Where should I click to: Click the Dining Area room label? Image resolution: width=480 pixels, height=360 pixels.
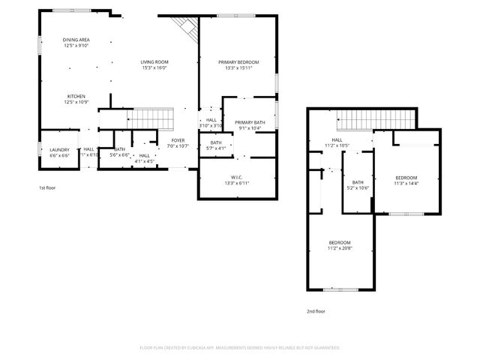[76, 40]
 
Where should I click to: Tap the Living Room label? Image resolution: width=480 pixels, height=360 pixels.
[154, 62]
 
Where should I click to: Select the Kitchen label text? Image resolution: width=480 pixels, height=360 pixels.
[76, 97]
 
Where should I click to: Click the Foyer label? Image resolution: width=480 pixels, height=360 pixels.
[177, 140]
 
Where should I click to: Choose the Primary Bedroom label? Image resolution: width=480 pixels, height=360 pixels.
[238, 62]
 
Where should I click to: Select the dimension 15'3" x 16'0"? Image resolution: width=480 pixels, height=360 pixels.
[154, 68]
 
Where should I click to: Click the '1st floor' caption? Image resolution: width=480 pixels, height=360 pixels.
[47, 187]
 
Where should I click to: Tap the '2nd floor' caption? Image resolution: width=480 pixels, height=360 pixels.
[316, 310]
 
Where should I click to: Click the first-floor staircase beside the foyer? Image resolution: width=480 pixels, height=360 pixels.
[153, 118]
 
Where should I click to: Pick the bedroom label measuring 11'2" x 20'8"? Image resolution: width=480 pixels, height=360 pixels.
[340, 243]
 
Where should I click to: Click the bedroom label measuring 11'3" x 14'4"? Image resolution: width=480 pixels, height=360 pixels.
[406, 178]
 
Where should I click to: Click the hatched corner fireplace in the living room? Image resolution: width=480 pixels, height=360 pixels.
[184, 29]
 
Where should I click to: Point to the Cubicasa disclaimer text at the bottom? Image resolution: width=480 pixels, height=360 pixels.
[240, 347]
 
